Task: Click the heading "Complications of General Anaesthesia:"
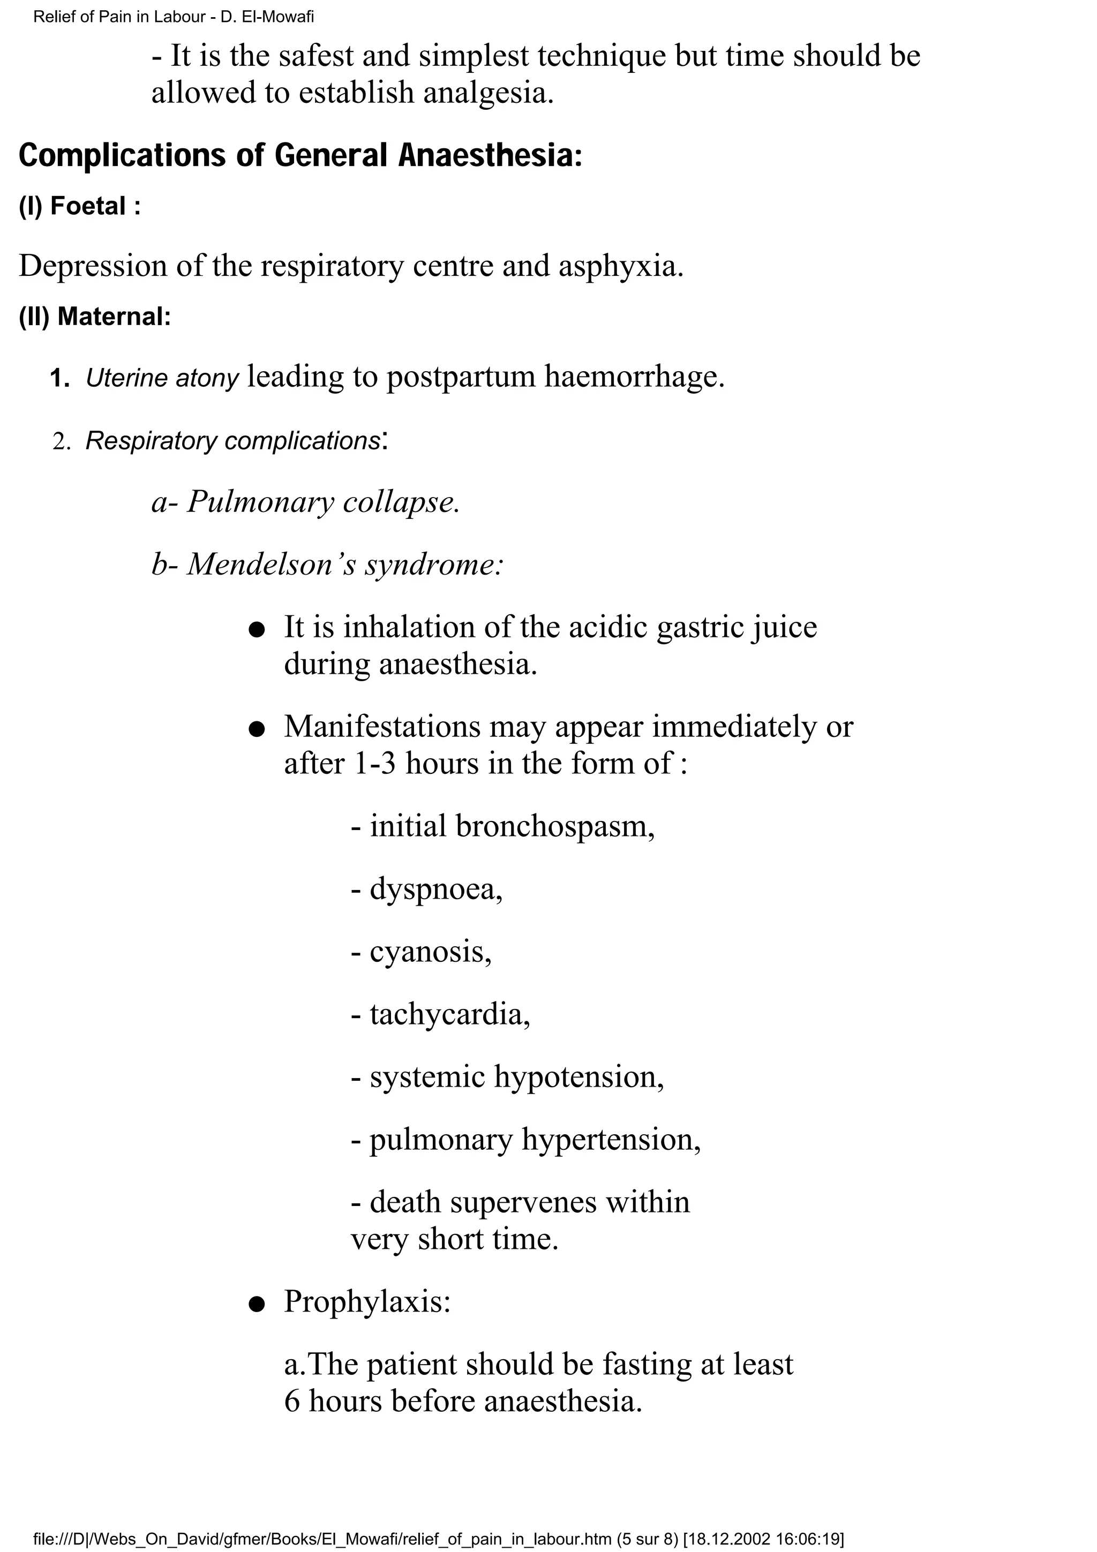[x=300, y=155]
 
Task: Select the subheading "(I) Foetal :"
[x=80, y=206]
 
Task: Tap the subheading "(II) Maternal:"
[x=95, y=317]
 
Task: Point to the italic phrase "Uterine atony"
[x=162, y=379]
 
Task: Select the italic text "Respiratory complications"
[x=232, y=441]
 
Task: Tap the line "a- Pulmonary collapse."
[x=305, y=502]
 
